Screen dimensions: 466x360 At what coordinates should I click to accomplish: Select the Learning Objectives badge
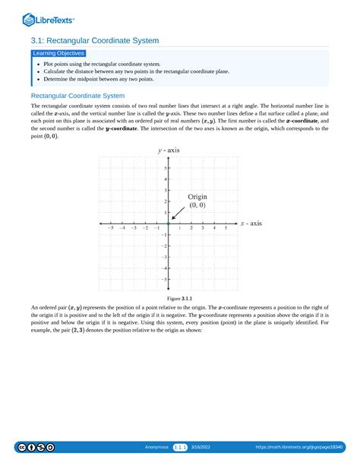[58, 53]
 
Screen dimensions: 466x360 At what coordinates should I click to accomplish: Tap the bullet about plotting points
[103, 65]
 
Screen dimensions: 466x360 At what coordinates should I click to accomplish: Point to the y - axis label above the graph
[169, 151]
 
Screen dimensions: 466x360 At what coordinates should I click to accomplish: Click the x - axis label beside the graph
[251, 223]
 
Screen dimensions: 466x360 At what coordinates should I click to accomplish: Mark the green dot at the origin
[168, 223]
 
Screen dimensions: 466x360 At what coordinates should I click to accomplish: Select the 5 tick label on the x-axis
[225, 228]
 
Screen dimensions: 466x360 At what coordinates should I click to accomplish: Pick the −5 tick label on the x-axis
[110, 228]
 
